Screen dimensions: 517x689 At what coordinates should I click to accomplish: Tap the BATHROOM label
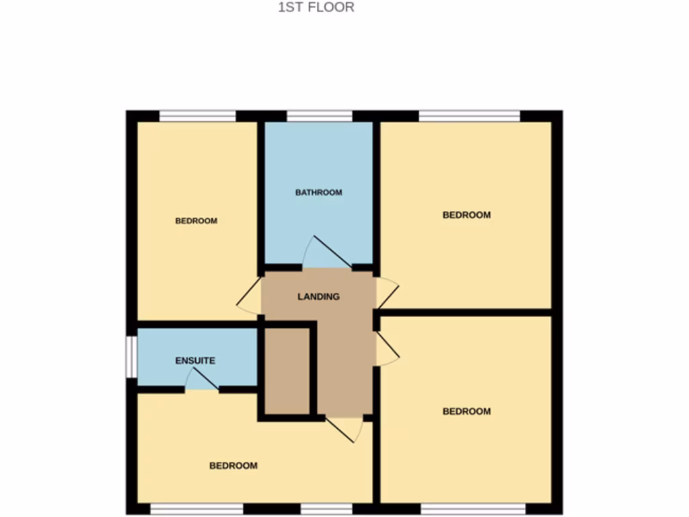coord(319,193)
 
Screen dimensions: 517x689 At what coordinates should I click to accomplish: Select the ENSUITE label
coord(195,361)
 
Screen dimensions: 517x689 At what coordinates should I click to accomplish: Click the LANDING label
coord(318,296)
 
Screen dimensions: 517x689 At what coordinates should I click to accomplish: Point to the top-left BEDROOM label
coord(196,221)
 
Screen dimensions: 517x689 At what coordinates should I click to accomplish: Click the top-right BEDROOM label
coord(466,215)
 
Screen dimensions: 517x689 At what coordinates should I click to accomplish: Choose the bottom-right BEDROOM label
coord(466,411)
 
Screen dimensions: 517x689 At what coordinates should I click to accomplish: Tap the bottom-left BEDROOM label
coord(233,466)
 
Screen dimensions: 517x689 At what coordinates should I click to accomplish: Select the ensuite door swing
coord(202,381)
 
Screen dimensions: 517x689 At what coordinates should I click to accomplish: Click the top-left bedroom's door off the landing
coord(250,296)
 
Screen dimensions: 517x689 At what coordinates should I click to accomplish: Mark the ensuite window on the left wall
coord(133,355)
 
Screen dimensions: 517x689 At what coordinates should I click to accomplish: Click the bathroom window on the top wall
coord(320,116)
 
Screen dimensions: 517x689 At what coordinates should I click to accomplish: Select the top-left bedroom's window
coord(198,116)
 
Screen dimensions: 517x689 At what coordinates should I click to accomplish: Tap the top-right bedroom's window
coord(470,116)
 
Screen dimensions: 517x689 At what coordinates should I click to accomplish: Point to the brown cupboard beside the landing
coord(287,372)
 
